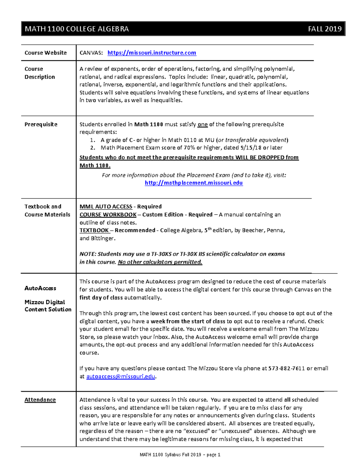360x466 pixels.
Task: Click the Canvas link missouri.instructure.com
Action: pos(151,53)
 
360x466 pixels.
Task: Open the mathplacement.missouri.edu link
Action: pos(194,183)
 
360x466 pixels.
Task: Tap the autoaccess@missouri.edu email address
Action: pos(121,376)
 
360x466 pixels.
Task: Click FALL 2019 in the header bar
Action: pos(325,29)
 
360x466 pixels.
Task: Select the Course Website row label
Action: pos(46,53)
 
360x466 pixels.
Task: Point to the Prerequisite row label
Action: pos(41,124)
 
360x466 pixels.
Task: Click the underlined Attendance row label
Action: pos(40,400)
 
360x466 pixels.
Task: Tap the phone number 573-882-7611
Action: pos(286,368)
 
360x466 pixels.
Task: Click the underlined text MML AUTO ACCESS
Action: pos(106,206)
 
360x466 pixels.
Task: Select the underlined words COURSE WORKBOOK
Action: pos(108,215)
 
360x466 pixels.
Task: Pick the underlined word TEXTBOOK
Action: pos(94,230)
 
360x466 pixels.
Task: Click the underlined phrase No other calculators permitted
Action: pos(160,262)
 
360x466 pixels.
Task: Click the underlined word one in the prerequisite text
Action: pos(203,124)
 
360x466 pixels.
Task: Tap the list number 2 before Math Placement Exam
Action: pos(93,148)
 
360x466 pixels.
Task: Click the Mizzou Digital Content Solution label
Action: pos(48,306)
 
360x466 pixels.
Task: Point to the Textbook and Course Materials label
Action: pos(47,210)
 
